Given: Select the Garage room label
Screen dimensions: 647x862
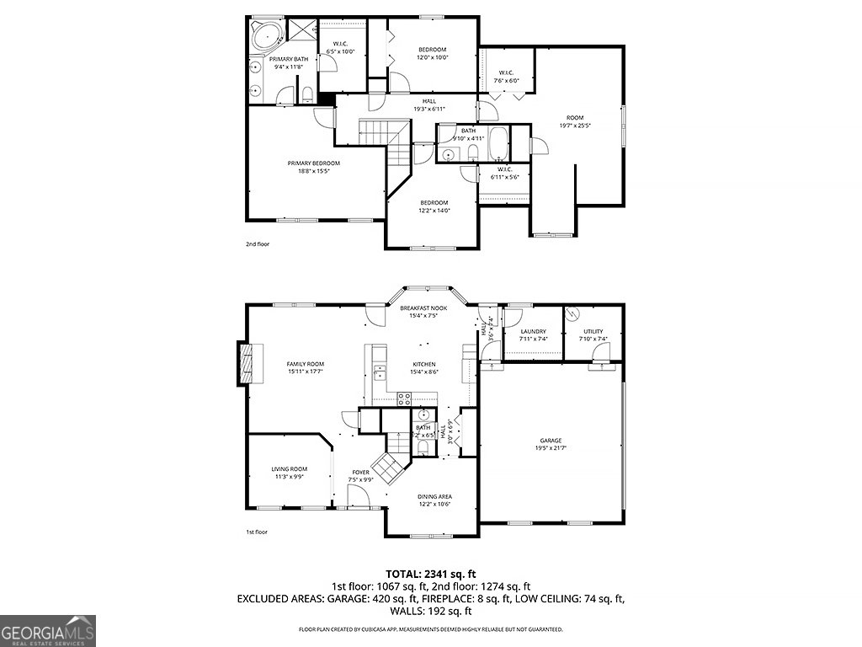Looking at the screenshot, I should pyautogui.click(x=551, y=441).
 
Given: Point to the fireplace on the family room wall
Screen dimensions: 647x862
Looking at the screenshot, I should pyautogui.click(x=244, y=363).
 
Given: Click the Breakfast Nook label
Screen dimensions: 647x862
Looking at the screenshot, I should pyautogui.click(x=423, y=308).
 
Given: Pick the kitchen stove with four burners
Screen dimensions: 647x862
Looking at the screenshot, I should pyautogui.click(x=403, y=397).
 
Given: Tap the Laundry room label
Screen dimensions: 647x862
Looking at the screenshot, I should pyautogui.click(x=533, y=332).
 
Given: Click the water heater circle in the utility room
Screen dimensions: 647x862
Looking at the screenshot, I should pyautogui.click(x=572, y=313).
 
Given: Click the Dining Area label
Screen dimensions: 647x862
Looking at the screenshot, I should pyautogui.click(x=434, y=497).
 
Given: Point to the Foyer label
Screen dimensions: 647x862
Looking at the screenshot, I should pyautogui.click(x=360, y=473).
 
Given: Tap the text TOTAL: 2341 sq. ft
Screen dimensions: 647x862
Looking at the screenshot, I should pyautogui.click(x=430, y=574).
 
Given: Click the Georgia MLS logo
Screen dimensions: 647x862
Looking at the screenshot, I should pyautogui.click(x=48, y=631).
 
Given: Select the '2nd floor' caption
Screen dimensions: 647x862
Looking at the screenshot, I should pyautogui.click(x=258, y=244).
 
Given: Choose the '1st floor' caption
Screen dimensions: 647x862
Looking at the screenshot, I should pyautogui.click(x=258, y=532).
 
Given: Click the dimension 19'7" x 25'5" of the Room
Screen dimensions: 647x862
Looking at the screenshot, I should pyautogui.click(x=575, y=126).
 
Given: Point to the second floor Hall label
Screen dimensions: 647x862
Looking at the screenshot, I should pyautogui.click(x=429, y=101).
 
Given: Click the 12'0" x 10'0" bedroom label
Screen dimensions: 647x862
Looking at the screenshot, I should pyautogui.click(x=433, y=57).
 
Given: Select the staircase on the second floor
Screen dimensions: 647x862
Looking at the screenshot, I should pyautogui.click(x=384, y=134).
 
